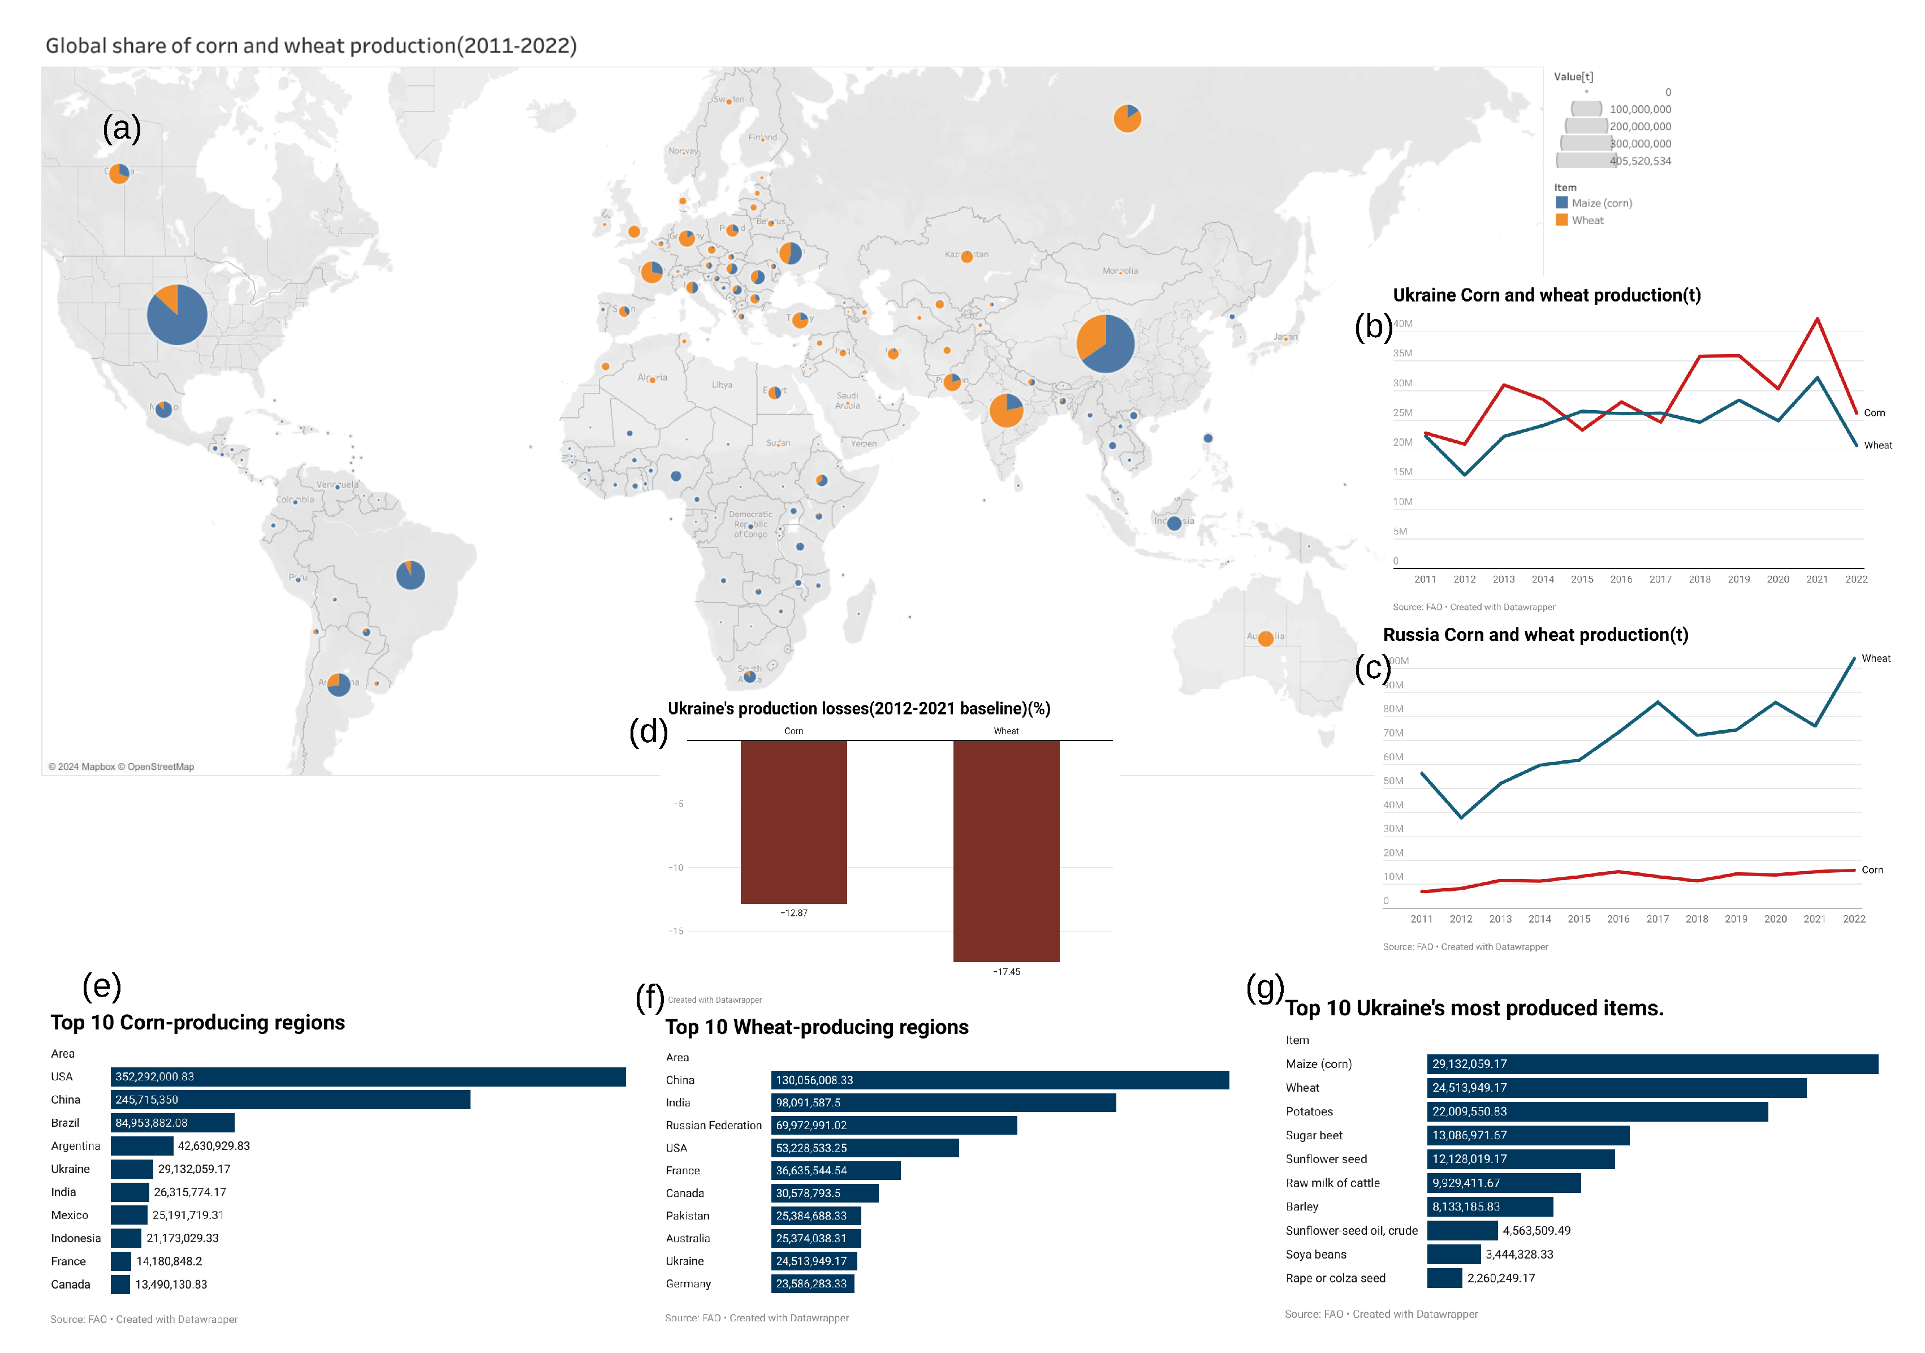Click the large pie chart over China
point(1105,343)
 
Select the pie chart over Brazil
point(410,575)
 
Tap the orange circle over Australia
point(1265,639)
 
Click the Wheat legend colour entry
point(1561,220)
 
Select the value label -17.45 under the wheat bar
point(1006,971)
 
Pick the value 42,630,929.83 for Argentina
point(213,1146)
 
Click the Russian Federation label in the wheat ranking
point(714,1126)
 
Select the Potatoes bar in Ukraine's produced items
point(1596,1111)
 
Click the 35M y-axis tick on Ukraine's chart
point(1402,353)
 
